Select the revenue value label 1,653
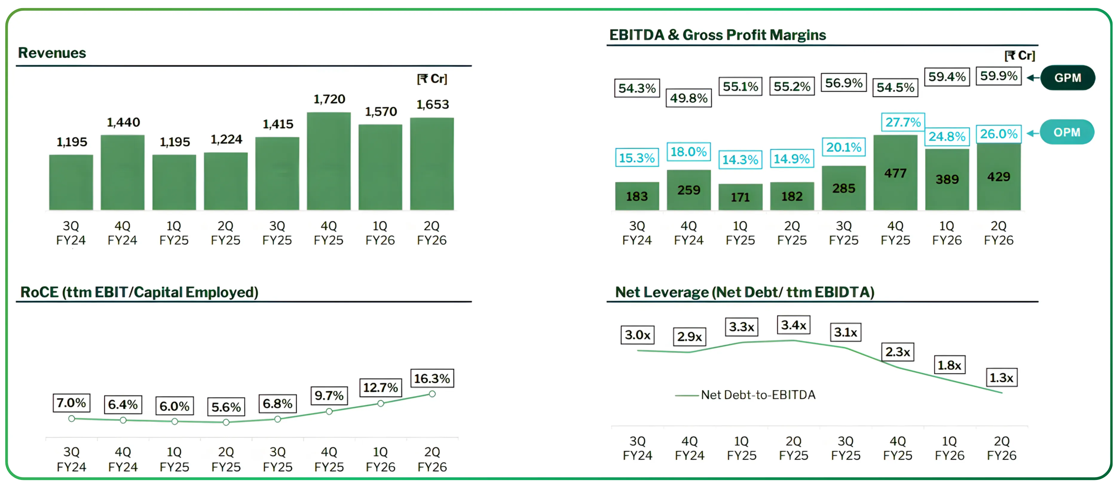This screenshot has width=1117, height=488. point(432,105)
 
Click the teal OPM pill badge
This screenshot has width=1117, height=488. point(1067,132)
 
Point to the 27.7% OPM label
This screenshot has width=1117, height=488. point(903,122)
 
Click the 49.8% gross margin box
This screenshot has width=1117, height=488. point(688,98)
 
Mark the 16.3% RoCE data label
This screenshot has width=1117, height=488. point(432,379)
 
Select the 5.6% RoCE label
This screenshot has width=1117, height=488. point(226,407)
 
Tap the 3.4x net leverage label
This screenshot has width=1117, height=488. point(793,325)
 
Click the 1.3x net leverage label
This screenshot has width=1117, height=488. point(1001,378)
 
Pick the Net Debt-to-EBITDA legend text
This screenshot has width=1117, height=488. point(758,395)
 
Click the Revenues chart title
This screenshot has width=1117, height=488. point(52,53)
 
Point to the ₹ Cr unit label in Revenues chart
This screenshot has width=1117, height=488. point(432,79)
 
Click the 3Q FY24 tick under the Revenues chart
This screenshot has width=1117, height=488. point(71,233)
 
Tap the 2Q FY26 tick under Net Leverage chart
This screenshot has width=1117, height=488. point(1001,448)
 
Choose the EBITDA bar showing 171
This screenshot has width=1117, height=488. point(740,197)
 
